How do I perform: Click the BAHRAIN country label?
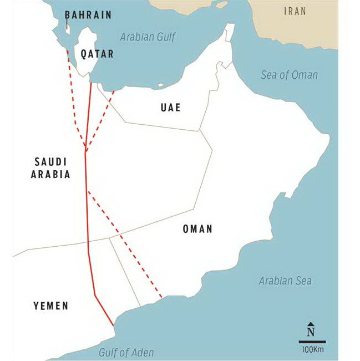point(88,15)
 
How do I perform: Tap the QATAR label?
point(97,54)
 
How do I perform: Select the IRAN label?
point(295,11)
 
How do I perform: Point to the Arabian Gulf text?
point(148,38)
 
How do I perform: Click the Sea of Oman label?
point(289,75)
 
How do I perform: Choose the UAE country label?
point(170,108)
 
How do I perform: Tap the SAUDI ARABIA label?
point(50,167)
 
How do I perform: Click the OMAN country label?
point(197,229)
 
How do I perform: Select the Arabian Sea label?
point(285,281)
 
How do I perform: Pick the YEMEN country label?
point(50,306)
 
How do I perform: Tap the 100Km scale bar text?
point(312,350)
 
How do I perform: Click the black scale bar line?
point(312,342)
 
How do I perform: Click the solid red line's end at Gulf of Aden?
point(113,326)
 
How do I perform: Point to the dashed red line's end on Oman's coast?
point(161,298)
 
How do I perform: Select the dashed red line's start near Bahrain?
point(68,50)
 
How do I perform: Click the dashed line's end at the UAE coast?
point(114,91)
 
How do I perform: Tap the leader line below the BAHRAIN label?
point(67,26)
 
